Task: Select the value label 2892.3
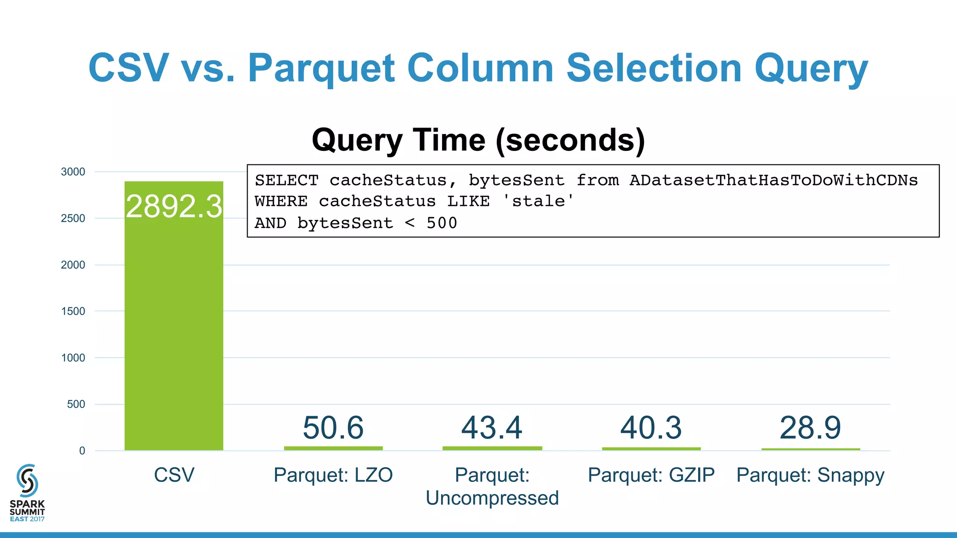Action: coord(174,206)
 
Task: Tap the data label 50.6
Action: coord(333,427)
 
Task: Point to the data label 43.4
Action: coord(492,427)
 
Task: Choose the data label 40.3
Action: coord(651,427)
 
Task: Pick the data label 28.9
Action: coord(810,427)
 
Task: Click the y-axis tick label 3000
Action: coord(73,172)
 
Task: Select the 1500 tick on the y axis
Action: coord(73,311)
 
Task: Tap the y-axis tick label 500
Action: coord(76,404)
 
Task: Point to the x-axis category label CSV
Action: coord(174,475)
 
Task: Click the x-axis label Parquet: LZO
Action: coord(333,475)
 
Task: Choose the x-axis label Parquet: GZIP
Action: coord(651,475)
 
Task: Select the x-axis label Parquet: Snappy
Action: coord(810,475)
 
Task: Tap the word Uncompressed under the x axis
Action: coord(492,498)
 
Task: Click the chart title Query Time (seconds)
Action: coord(478,140)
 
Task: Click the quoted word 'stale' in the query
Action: coord(538,201)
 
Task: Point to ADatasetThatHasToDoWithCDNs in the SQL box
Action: coord(773,180)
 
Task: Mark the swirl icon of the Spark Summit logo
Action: coord(27,481)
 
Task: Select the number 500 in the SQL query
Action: coord(442,223)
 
